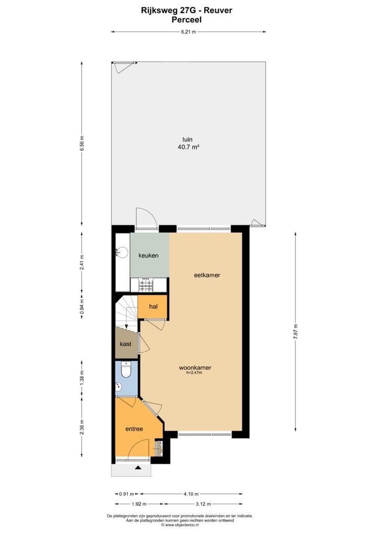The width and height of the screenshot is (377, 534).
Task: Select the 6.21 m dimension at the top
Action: (x=188, y=32)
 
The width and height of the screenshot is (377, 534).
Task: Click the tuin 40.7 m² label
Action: (x=187, y=143)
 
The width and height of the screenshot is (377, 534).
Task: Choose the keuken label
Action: (x=148, y=255)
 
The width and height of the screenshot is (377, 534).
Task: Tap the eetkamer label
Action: (x=206, y=274)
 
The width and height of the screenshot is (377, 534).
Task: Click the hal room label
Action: (x=153, y=306)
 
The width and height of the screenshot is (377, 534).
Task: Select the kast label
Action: (x=126, y=344)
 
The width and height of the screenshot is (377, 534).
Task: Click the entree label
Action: (x=134, y=429)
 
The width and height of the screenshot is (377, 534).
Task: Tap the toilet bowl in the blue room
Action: (x=126, y=370)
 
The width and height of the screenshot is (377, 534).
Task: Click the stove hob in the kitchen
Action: (x=146, y=285)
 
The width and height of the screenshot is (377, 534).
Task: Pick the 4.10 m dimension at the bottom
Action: (x=191, y=494)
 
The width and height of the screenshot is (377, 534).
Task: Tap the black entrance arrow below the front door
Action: (x=138, y=467)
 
